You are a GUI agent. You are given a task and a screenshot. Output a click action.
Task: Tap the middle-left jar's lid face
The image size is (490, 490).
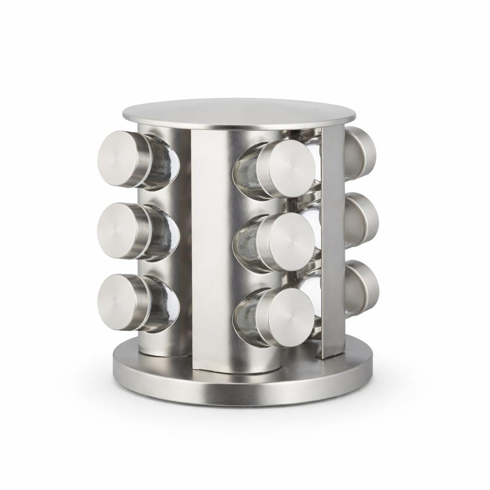pos(117,231)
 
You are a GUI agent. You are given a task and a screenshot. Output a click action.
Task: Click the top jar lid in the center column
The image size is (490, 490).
pos(291,169)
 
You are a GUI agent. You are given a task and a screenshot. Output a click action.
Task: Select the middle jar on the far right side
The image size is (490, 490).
pos(362,220)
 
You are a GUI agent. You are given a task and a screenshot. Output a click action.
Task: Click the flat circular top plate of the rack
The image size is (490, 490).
pos(239,114)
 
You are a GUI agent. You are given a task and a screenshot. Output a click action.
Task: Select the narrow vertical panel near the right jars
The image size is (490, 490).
pos(333,239)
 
